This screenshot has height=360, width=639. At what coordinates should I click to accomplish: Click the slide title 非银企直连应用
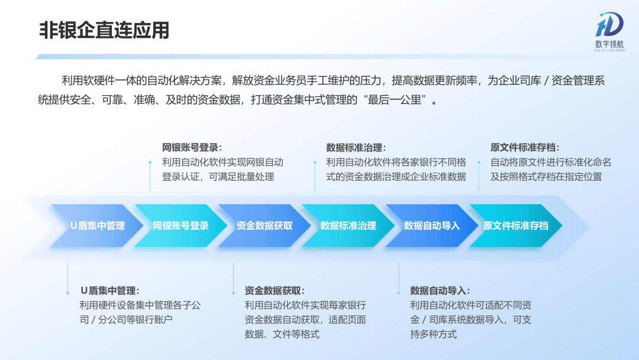click(104, 31)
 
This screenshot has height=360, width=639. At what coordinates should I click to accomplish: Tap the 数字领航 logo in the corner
click(609, 31)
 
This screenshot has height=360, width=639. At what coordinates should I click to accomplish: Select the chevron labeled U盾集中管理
click(97, 226)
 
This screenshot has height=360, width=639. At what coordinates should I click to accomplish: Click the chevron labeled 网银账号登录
click(180, 226)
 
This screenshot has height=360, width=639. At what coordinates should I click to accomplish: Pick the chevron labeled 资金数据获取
click(264, 226)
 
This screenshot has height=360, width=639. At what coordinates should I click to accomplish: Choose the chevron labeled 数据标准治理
click(348, 226)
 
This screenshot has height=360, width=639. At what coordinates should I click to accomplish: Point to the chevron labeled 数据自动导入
click(432, 226)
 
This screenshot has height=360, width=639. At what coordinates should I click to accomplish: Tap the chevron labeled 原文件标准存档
click(516, 226)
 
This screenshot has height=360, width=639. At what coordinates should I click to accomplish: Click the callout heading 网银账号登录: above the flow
click(192, 147)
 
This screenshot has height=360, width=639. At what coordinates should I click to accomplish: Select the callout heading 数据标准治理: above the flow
click(356, 147)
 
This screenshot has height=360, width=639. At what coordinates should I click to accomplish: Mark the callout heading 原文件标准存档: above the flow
click(525, 147)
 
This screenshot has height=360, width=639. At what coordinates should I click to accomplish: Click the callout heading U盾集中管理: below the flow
click(110, 291)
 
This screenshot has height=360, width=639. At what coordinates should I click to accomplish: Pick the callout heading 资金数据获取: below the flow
click(275, 291)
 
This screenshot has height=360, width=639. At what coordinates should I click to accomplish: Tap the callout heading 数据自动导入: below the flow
click(440, 291)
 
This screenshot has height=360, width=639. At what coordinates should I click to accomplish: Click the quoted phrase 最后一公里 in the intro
click(394, 100)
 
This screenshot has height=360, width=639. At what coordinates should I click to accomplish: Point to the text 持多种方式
click(433, 335)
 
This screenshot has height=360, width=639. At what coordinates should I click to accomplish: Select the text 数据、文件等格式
click(282, 335)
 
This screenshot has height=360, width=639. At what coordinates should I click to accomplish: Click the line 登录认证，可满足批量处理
click(218, 177)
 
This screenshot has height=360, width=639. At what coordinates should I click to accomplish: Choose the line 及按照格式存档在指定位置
click(546, 177)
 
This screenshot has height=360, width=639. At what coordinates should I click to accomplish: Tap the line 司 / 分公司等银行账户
click(126, 320)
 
